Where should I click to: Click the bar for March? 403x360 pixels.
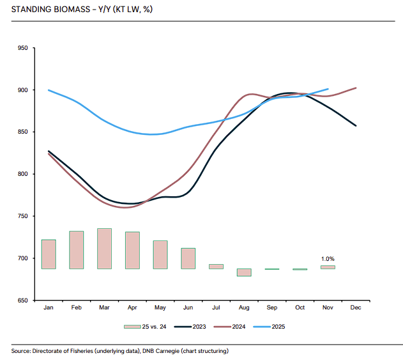[105, 248]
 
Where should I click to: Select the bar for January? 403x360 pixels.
[49, 254]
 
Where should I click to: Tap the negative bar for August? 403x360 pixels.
[244, 272]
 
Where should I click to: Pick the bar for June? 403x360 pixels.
[188, 258]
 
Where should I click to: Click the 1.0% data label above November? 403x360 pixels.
[328, 258]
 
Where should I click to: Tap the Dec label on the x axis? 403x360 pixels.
[356, 308]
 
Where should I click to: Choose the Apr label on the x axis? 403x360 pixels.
[132, 308]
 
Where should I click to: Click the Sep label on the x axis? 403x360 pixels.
[272, 308]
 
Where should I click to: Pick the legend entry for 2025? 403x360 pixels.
[277, 327]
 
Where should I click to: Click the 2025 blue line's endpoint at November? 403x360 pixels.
[328, 89]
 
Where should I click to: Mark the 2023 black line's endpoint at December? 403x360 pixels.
[356, 125]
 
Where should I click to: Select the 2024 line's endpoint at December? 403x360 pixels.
[356, 88]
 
